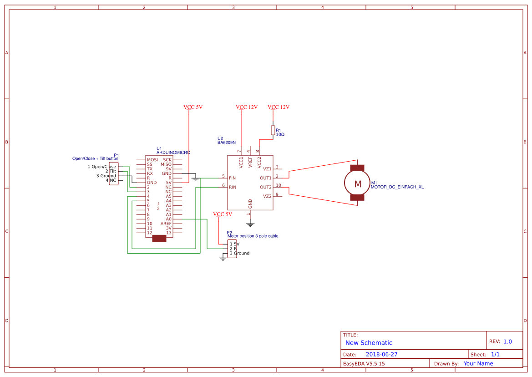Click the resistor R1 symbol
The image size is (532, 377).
coord(273,131)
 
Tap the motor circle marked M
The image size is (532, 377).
coord(358,183)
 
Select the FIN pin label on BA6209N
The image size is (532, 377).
coord(232,178)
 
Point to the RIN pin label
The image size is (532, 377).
coord(232,187)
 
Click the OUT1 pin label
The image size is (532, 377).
coord(265,178)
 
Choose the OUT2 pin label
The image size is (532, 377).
coord(265,187)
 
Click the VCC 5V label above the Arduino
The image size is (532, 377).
coord(193,107)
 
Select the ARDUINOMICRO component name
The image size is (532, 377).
coord(173,153)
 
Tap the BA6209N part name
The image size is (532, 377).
coord(226,143)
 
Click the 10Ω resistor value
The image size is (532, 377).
coord(280,135)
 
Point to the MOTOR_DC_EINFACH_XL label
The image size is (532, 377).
coord(397,187)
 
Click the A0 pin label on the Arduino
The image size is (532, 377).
coord(168,219)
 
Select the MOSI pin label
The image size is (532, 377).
coord(152,160)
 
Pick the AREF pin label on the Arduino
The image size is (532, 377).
coord(166,224)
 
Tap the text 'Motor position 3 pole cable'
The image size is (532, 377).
coord(253,236)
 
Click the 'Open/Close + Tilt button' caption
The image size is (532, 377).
coord(95,158)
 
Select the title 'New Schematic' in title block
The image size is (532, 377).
coord(369,343)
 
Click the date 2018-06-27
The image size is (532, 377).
coord(381,354)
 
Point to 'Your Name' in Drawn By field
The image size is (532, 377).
coord(478,363)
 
